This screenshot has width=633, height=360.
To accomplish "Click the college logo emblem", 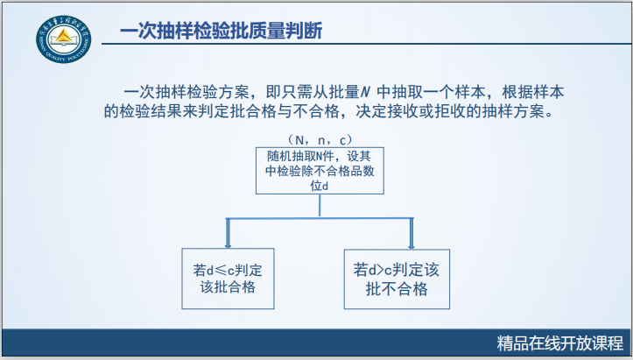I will point(62,39).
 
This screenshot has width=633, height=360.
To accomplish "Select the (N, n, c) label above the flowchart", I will point(320,138).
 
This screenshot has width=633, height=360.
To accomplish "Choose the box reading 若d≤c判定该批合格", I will point(228,276).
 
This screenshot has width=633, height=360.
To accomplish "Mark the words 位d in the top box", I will point(320,186).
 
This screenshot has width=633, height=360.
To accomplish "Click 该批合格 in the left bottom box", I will point(228,286).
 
